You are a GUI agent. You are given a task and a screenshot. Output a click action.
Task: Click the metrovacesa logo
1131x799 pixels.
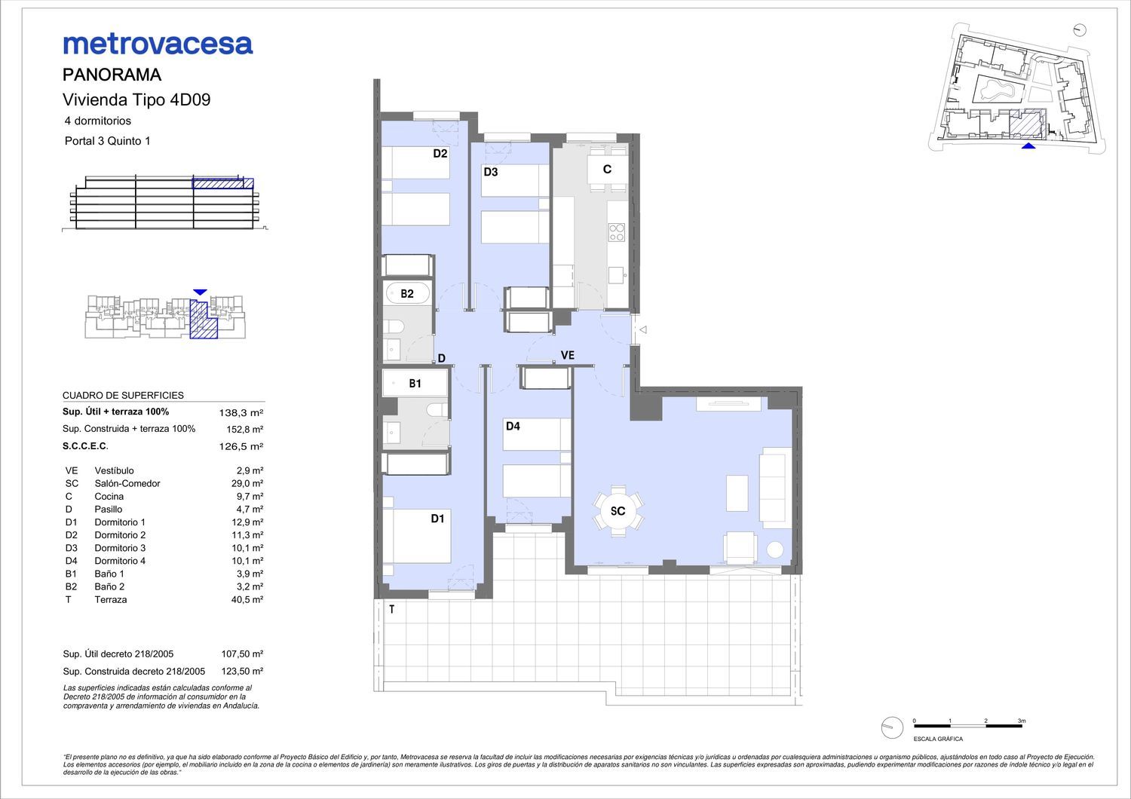(158, 44)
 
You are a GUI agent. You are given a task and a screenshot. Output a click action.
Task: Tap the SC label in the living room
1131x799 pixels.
(618, 511)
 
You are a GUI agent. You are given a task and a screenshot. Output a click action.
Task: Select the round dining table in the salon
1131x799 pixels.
(618, 511)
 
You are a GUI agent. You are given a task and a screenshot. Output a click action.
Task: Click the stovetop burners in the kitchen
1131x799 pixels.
(617, 232)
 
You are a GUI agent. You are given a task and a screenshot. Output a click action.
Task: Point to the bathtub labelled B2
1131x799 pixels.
(407, 292)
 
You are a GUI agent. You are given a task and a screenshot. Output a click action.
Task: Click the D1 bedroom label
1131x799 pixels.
(437, 519)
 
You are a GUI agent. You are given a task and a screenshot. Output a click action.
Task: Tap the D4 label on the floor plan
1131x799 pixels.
(513, 427)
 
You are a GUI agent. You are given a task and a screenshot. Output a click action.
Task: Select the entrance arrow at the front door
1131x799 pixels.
(642, 329)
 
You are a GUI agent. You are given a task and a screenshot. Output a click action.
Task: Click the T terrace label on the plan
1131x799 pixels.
(391, 609)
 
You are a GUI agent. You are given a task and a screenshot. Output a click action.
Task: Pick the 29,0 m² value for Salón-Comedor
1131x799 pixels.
(247, 483)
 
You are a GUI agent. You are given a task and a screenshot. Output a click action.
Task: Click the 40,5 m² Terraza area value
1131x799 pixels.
(247, 600)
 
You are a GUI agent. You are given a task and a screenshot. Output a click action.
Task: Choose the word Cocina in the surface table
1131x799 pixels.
(109, 497)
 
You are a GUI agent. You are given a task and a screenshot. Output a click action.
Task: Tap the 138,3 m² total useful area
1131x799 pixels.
(241, 413)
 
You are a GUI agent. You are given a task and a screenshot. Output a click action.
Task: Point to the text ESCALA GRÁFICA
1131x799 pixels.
(938, 739)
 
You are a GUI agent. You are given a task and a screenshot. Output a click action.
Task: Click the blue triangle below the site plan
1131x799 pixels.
(1028, 146)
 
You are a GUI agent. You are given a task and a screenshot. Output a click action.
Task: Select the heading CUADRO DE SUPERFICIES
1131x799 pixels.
(123, 396)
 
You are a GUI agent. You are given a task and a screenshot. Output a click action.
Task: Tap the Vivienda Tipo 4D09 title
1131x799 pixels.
(136, 100)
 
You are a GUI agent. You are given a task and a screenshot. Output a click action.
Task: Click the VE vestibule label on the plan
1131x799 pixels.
(568, 355)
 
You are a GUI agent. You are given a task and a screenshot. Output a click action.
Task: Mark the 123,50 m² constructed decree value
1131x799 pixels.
(242, 672)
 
